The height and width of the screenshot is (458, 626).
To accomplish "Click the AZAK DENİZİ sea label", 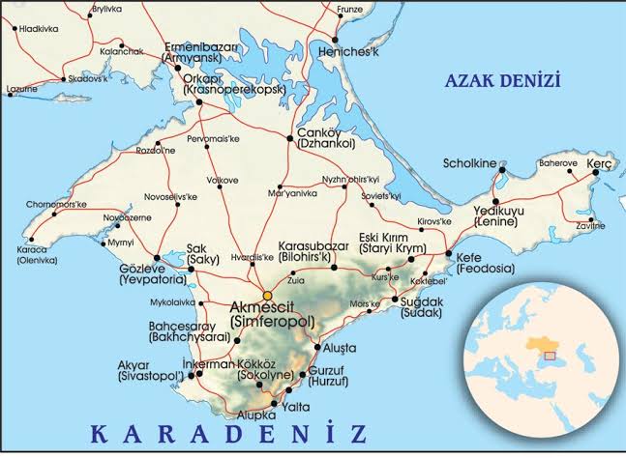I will pos(502,80).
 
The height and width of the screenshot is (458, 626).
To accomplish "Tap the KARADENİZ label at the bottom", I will pos(226,431).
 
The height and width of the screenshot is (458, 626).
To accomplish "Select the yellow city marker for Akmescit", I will pos(268,295).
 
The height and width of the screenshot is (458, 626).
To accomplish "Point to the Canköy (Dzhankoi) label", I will pos(325,137).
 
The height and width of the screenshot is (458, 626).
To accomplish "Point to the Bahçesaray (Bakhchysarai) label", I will pos(188,332).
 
